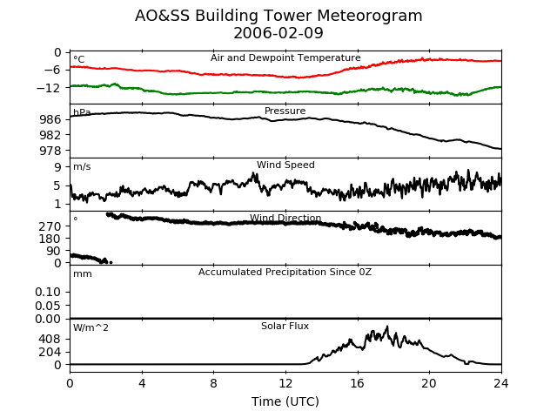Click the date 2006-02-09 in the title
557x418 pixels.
278,33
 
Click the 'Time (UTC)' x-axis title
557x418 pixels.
285,401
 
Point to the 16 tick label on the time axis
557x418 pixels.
358,383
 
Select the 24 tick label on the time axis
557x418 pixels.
501,383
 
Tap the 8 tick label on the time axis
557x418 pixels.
213,383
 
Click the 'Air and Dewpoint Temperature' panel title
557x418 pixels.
285,58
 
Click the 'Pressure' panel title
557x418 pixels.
285,111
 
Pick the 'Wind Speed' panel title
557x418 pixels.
285,165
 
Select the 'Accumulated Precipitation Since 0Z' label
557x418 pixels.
285,273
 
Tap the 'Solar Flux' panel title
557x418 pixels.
285,326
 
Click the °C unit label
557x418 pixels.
79,59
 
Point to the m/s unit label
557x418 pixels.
82,166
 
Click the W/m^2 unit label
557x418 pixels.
91,327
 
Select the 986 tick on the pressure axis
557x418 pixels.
50,119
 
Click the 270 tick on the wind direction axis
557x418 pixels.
50,226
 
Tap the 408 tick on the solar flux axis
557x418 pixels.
50,340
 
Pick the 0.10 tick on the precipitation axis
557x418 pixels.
48,293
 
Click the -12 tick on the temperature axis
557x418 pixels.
49,87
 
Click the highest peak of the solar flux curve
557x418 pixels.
387,327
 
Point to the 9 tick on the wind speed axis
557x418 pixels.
57,167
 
